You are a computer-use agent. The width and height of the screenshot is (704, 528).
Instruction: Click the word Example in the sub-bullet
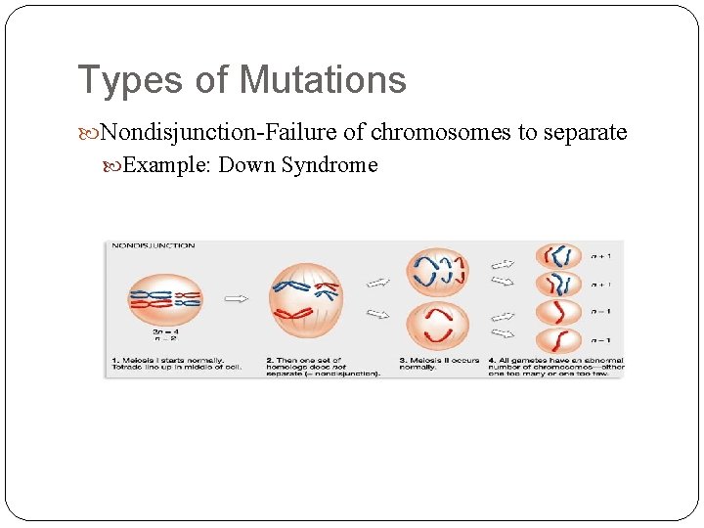point(165,164)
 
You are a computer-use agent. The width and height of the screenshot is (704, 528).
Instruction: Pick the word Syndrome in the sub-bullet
point(330,164)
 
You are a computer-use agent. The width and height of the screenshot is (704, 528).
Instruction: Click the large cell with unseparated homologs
point(306,298)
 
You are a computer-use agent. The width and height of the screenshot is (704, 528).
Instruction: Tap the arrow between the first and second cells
point(235,298)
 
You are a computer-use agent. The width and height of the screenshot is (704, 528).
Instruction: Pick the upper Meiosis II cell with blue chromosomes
point(437,271)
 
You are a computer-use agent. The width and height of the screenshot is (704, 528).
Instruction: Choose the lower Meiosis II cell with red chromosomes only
point(437,327)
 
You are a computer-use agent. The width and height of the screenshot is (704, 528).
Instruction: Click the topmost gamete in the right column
point(558,256)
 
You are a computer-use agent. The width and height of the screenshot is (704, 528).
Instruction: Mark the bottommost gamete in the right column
point(558,340)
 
